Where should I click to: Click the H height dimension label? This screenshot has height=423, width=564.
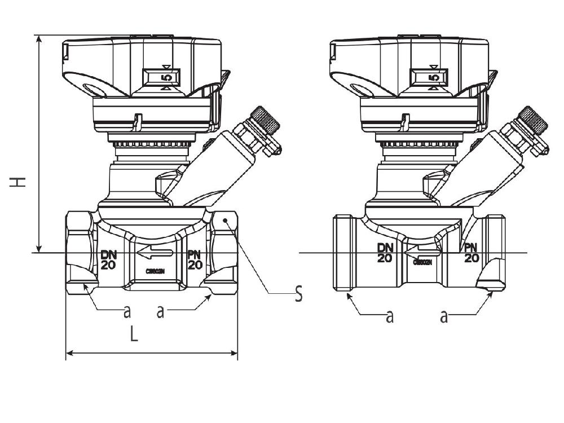(x=19, y=182)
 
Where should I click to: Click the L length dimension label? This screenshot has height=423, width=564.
(x=134, y=334)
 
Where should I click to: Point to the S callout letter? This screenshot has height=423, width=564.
(x=298, y=294)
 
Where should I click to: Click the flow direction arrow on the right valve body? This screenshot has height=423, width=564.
(x=422, y=252)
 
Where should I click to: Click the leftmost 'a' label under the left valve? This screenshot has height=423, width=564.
(x=127, y=310)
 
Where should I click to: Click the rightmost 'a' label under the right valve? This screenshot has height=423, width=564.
(x=444, y=316)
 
